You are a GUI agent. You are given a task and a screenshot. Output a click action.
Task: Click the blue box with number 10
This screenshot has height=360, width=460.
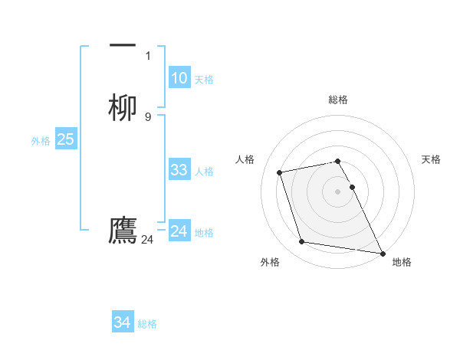pyautogui.click(x=179, y=78)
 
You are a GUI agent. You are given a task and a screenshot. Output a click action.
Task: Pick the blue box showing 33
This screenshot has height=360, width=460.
pyautogui.click(x=179, y=170)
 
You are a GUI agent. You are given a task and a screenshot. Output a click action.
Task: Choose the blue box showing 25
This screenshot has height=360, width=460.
pyautogui.click(x=65, y=139)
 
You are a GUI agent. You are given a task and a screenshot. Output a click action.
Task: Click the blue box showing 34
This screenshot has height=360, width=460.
pyautogui.click(x=123, y=322)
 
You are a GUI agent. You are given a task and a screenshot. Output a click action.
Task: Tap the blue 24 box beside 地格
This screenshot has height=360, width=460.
pyautogui.click(x=179, y=231)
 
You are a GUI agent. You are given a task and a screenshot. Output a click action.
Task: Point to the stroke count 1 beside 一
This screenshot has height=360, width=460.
pyautogui.click(x=148, y=56)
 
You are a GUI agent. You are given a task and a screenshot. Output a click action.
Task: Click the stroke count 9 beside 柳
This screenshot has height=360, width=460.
pyautogui.click(x=148, y=117)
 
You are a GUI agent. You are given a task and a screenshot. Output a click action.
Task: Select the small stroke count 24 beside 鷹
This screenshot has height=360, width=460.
pyautogui.click(x=147, y=240)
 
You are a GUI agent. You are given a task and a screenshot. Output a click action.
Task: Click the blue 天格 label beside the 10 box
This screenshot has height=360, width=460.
pyautogui.click(x=204, y=80)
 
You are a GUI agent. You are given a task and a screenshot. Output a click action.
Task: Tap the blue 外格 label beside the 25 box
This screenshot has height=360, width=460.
pyautogui.click(x=41, y=141)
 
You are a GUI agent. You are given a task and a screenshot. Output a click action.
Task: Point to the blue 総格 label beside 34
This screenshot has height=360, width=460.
pyautogui.click(x=147, y=324)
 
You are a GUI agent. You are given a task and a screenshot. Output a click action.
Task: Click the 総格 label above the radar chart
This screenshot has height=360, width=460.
pyautogui.click(x=337, y=100)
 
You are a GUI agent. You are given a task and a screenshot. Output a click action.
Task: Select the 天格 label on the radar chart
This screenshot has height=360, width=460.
pyautogui.click(x=431, y=159)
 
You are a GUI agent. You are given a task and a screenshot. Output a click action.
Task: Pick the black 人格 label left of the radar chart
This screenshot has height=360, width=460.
pyautogui.click(x=245, y=159)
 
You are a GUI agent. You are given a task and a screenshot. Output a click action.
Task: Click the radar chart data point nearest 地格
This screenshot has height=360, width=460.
pyautogui.click(x=382, y=252)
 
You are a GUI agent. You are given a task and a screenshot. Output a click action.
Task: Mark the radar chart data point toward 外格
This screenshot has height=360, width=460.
pyautogui.click(x=302, y=242)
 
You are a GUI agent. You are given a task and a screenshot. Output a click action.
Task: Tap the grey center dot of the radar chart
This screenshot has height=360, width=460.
pyautogui.click(x=337, y=191)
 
